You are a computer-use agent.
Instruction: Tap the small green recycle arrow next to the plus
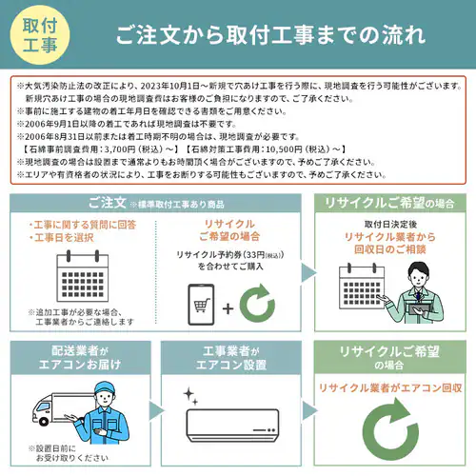[x=257, y=307]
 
